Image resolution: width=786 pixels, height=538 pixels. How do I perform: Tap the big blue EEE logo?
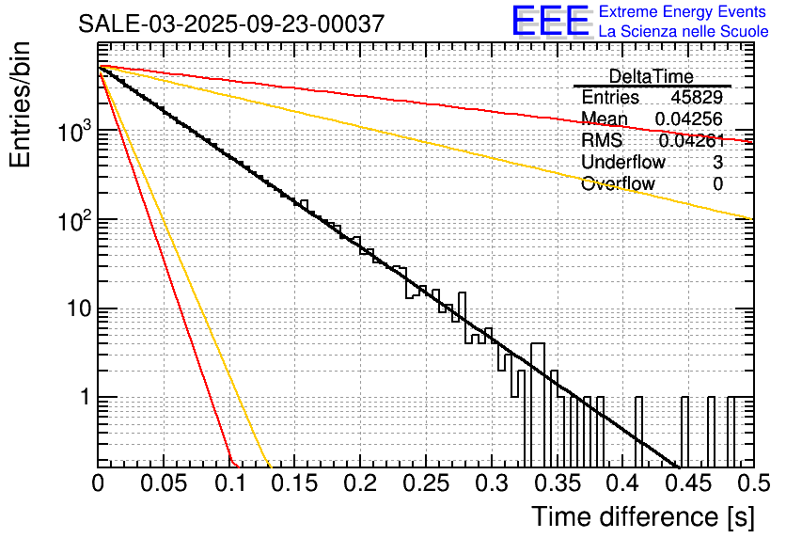coord(550,22)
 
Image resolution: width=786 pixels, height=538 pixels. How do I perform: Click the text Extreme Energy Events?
coord(684,12)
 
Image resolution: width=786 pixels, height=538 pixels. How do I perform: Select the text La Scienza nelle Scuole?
coord(684,32)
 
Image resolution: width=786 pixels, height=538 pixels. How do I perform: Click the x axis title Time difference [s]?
coord(642,516)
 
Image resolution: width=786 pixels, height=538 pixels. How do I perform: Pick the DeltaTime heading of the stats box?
coord(651,76)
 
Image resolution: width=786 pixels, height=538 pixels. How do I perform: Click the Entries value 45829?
coord(697,98)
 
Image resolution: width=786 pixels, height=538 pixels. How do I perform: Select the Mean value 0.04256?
coord(689,119)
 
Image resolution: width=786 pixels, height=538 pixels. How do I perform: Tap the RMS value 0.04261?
coord(691,141)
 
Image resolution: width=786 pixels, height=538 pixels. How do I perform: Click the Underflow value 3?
coord(717,163)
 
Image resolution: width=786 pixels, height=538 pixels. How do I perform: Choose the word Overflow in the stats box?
coord(618,184)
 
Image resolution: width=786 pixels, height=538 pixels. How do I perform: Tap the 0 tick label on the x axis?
coord(99,484)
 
